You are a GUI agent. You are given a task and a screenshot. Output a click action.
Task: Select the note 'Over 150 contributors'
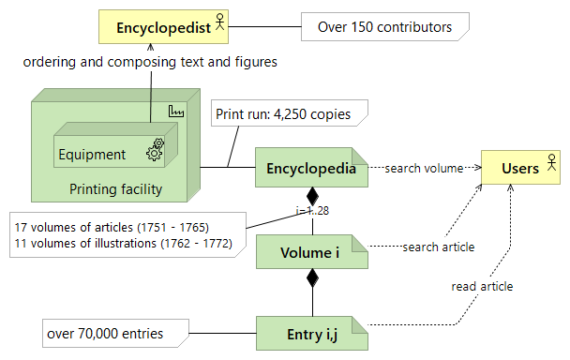(x=384, y=27)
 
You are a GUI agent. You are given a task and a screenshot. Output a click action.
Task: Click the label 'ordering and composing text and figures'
(x=150, y=62)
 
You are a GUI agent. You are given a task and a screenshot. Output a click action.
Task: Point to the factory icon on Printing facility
(x=174, y=112)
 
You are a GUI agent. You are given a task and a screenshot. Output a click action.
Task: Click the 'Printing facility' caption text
(x=115, y=189)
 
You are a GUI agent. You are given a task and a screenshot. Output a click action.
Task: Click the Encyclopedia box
(x=310, y=170)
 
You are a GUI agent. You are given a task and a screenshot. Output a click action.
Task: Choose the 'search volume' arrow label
(x=424, y=169)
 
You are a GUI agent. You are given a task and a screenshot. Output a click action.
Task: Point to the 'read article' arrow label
(x=482, y=286)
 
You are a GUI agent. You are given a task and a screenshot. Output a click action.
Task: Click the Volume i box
(x=310, y=252)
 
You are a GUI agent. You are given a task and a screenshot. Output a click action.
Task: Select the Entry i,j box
(x=310, y=333)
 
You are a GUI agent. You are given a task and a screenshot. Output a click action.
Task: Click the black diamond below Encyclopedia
(x=312, y=198)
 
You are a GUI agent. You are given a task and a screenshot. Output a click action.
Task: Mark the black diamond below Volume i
(x=312, y=277)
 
